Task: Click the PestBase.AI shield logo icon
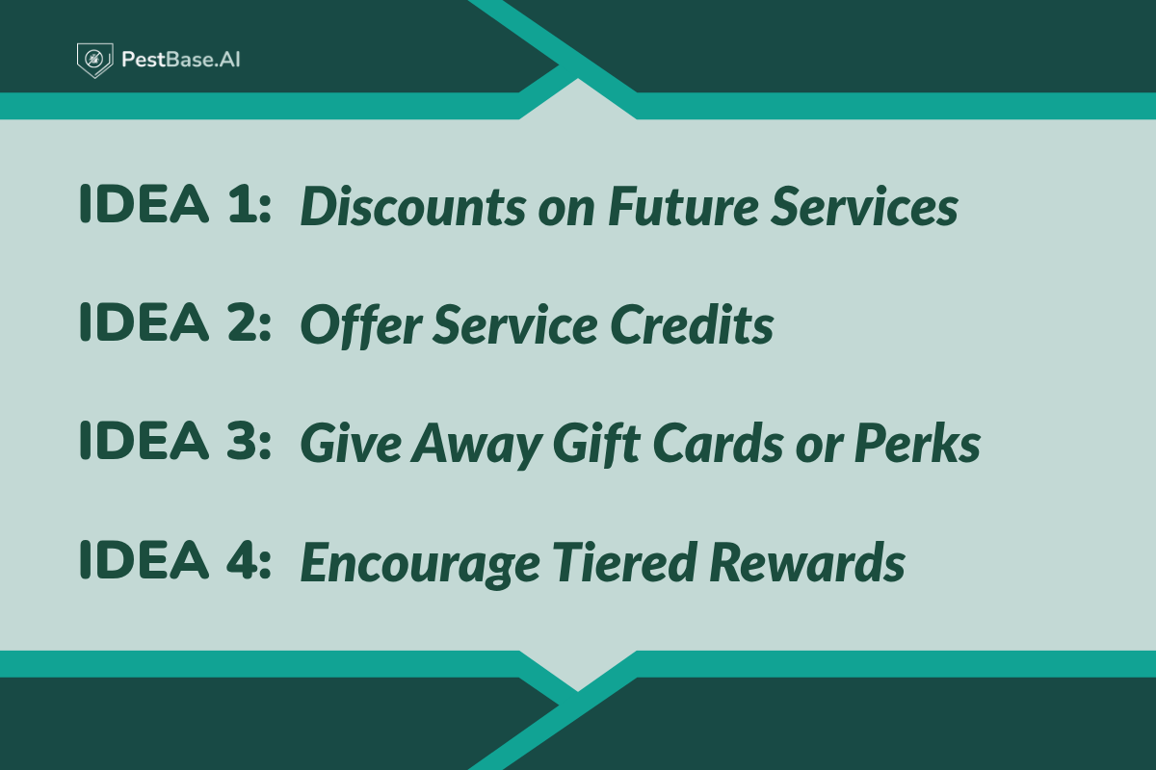(94, 60)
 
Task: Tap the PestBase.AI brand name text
(180, 60)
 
